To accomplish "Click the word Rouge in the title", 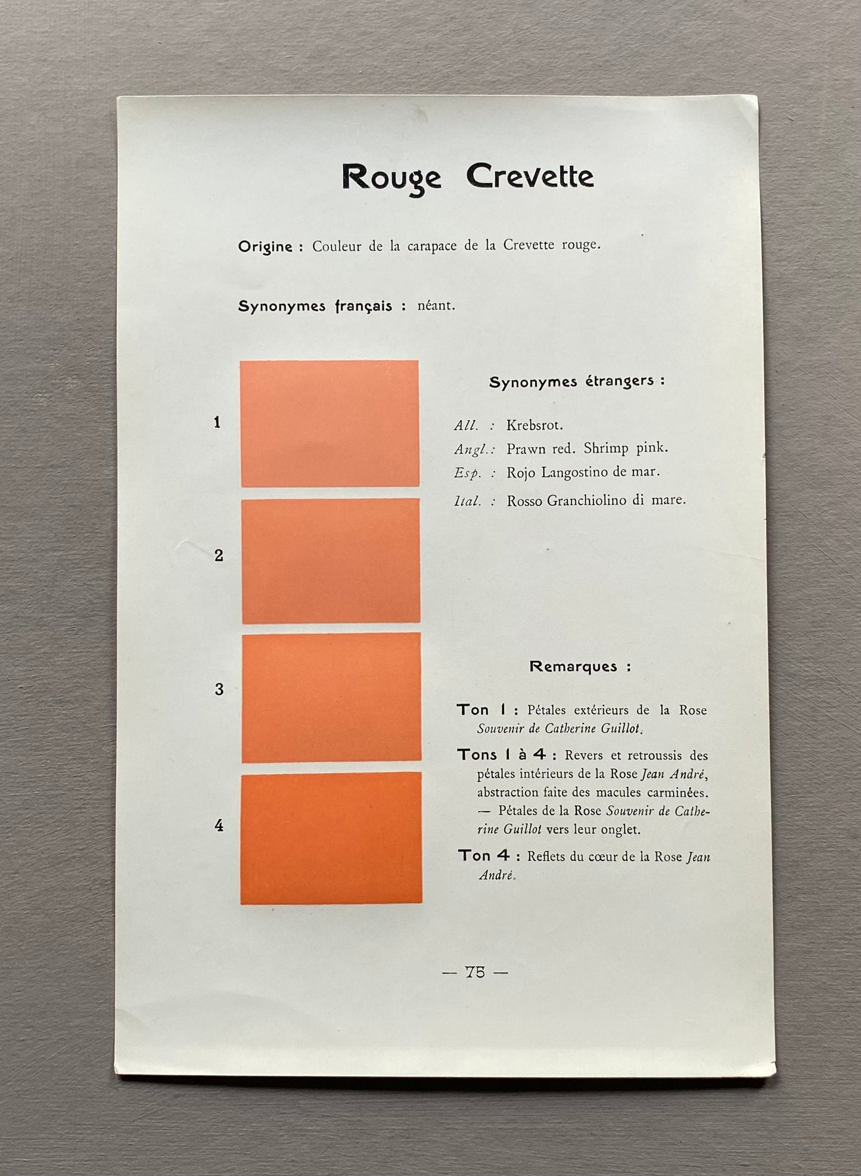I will pyautogui.click(x=391, y=177).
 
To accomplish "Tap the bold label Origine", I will pyautogui.click(x=265, y=246).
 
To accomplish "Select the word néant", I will pyautogui.click(x=436, y=306).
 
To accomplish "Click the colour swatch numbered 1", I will pyautogui.click(x=330, y=423).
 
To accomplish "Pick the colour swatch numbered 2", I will pyautogui.click(x=331, y=561).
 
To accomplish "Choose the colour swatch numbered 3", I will pyautogui.click(x=331, y=697).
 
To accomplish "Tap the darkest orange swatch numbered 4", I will pyautogui.click(x=331, y=837).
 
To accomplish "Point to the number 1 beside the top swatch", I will pyautogui.click(x=217, y=423).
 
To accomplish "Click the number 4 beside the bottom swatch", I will pyautogui.click(x=219, y=826).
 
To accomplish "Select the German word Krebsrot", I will pyautogui.click(x=534, y=425).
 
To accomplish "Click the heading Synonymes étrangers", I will pyautogui.click(x=576, y=381).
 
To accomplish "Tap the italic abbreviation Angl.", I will pyautogui.click(x=472, y=449).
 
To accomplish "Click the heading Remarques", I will pyautogui.click(x=579, y=666).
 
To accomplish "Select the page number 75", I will pyautogui.click(x=475, y=972).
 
